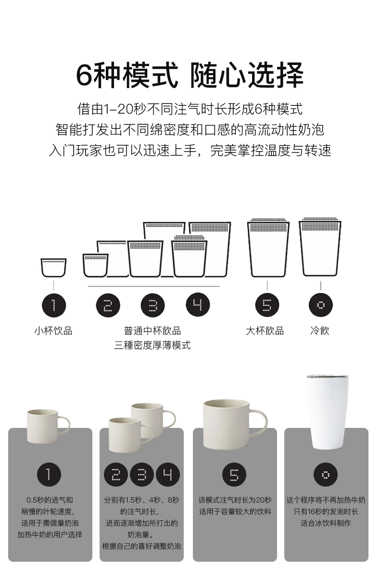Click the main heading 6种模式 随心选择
tap(190, 75)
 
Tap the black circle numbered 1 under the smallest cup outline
tap(54, 305)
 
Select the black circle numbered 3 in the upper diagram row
tap(152, 305)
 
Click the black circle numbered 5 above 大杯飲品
tap(267, 305)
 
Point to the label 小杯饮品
tap(53, 331)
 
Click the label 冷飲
tap(320, 331)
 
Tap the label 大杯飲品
tap(265, 331)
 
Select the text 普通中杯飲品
tap(152, 331)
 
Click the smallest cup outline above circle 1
tap(53, 268)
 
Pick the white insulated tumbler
tap(328, 412)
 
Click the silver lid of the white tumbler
tap(328, 377)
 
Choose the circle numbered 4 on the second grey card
tap(167, 475)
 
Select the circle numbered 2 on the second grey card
tap(116, 475)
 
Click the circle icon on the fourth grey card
tap(326, 475)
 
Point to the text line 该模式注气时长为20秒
tap(235, 500)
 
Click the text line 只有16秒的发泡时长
tap(326, 512)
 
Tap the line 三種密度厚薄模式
tap(152, 345)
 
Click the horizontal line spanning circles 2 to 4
tap(154, 286)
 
